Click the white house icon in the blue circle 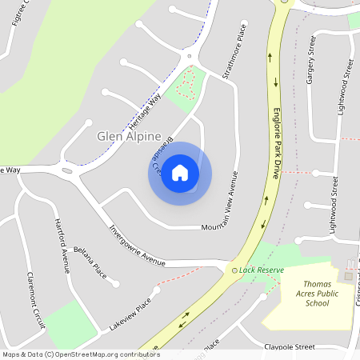point(180,173)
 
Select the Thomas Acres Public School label point(305,294)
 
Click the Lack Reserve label point(262,270)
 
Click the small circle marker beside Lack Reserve point(234,270)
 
